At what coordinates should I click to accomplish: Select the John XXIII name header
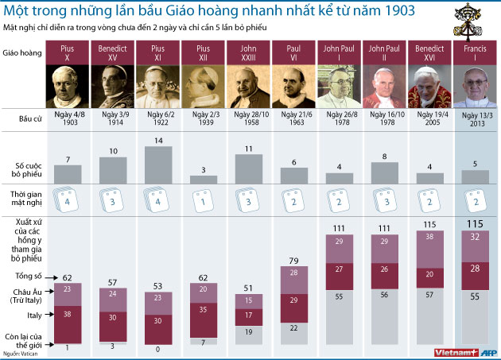pos(249,52)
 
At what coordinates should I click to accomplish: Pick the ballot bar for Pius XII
pos(204,180)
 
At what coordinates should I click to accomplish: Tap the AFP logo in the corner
pos(490,352)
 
